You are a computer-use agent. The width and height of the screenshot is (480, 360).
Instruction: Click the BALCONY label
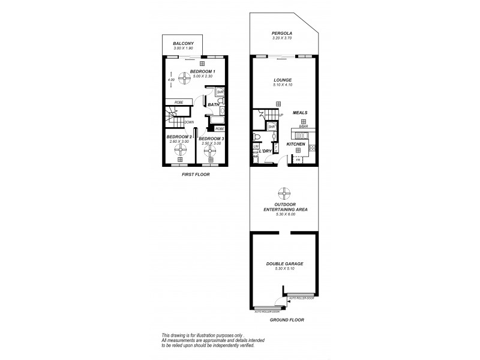pos(183,43)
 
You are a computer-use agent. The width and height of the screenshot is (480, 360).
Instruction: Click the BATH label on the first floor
pos(213,105)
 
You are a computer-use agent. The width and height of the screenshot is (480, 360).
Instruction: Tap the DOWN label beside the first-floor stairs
pos(189,122)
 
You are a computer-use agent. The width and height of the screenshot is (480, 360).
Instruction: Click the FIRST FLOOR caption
pos(196,175)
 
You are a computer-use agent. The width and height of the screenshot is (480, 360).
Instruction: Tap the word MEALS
pos(300,112)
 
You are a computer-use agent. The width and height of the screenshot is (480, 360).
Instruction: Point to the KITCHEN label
pos(296,145)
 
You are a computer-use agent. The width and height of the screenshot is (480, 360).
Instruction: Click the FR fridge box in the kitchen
pos(298,160)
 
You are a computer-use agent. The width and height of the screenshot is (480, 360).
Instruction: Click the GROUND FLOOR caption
pos(287,320)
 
